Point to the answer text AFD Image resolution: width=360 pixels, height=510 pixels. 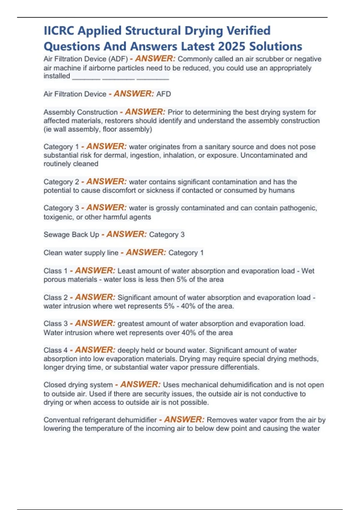[x=163, y=94]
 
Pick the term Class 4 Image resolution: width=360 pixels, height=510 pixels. [x=55, y=350]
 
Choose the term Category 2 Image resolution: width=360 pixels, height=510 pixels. [x=61, y=182]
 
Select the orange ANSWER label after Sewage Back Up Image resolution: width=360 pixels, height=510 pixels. [x=126, y=234]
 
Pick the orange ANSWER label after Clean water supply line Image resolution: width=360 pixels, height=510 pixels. [x=145, y=253]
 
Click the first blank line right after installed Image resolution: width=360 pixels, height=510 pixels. [x=86, y=79]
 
